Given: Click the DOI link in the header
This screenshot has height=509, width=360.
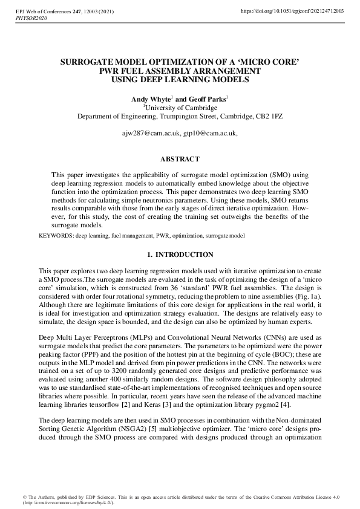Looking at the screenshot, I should [293, 11].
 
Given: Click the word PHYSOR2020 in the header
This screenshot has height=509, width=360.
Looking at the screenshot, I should [30, 19].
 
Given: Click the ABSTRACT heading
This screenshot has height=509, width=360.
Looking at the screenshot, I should [180, 160].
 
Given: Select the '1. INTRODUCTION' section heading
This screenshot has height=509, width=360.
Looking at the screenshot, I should [180, 255].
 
